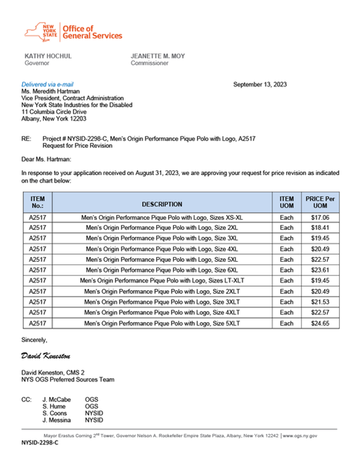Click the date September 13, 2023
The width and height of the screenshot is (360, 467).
260,85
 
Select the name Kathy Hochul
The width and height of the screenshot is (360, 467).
48,56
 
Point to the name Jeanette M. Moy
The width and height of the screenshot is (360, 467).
158,56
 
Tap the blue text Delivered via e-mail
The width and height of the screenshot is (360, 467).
47,85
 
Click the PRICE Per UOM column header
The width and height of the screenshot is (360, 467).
320,202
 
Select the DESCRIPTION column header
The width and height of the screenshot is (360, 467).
162,204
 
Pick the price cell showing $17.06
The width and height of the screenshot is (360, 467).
320,218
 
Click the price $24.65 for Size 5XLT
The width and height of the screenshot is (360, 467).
320,323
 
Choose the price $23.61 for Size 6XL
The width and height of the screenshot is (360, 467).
320,270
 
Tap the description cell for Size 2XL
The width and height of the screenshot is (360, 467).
162,228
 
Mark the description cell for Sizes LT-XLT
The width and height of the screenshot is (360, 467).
162,281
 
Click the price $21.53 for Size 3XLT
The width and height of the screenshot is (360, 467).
320,302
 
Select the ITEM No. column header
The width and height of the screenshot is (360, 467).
37,202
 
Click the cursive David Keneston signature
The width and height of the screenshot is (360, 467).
46,356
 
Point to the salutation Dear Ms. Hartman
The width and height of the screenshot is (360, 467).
46,159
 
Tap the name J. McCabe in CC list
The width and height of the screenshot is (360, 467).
56,400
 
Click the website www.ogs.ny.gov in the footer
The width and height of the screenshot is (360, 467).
300,436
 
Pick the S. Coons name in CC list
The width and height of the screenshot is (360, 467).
55,413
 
